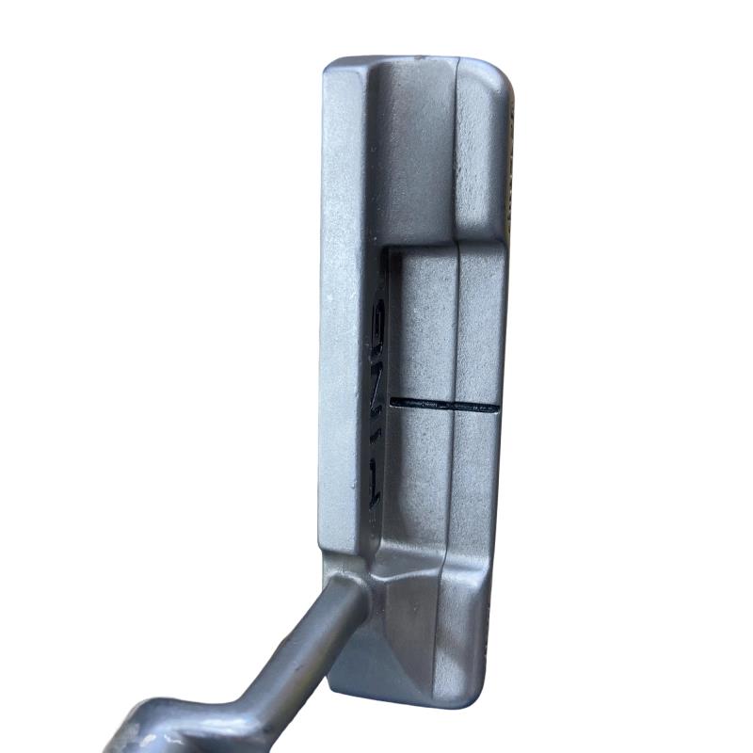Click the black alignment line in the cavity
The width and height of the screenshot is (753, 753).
point(445,405)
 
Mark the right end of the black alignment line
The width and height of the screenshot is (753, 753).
point(499,408)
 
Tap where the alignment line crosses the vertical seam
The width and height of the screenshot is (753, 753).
point(453,405)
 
